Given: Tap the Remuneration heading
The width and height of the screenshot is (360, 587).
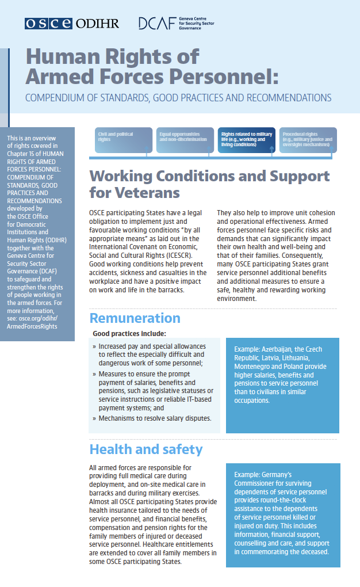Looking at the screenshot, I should [x=135, y=318].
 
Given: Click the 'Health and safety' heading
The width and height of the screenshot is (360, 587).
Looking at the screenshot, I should [x=145, y=449].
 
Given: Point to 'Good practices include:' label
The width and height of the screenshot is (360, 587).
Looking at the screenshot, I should [x=129, y=334].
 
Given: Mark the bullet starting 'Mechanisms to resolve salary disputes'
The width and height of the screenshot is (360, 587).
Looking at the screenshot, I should [x=155, y=418].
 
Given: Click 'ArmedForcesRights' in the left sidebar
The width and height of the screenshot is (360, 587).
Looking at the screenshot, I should [x=32, y=327].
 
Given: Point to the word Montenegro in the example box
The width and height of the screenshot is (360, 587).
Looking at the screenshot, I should [x=252, y=367].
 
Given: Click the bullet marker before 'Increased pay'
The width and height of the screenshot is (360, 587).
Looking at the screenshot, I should [x=94, y=346].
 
